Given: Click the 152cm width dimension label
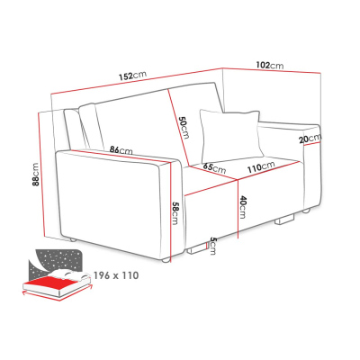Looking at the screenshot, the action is [x=132, y=76].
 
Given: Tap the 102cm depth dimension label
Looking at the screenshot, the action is [x=270, y=65].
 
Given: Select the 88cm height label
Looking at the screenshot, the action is [x=35, y=175].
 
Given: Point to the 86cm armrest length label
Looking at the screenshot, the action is [x=121, y=150].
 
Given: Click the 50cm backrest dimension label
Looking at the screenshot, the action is [x=184, y=128].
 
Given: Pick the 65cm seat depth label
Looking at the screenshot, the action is [x=214, y=168].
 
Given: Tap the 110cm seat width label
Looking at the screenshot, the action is [x=261, y=167].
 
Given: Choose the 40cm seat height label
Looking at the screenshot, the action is [x=243, y=207].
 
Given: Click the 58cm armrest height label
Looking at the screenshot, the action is [x=175, y=213].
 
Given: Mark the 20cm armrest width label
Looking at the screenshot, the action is [x=310, y=139].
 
